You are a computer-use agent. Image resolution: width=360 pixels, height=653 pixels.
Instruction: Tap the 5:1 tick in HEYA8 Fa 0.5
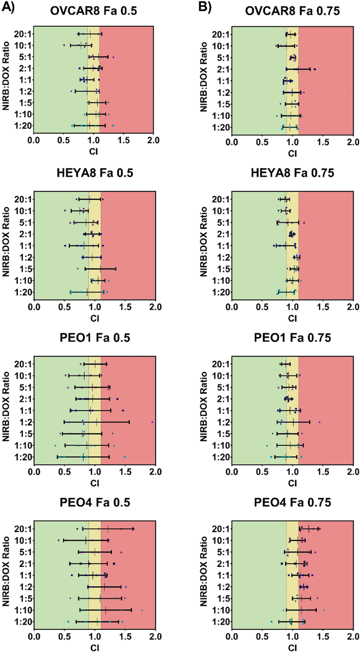23,222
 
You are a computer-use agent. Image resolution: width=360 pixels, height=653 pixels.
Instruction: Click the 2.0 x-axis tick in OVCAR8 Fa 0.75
353,142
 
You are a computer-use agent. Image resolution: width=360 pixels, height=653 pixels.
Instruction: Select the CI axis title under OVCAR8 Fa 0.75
291,154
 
